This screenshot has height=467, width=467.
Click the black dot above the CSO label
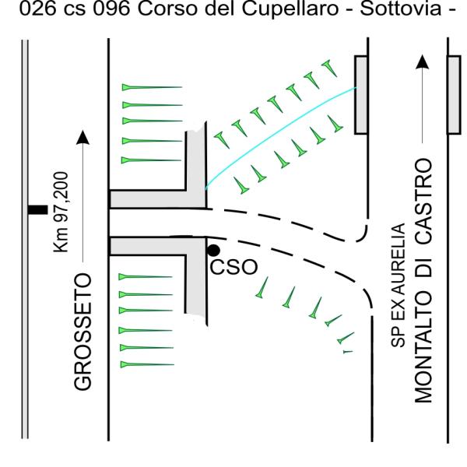(213, 251)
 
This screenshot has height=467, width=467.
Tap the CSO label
(233, 267)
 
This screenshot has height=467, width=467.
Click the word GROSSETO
(83, 332)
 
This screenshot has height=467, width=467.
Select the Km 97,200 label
(61, 212)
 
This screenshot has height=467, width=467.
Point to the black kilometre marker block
(37, 209)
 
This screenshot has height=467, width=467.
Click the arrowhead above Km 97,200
(83, 137)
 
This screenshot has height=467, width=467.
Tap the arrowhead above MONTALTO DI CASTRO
(423, 62)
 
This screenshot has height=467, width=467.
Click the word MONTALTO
(423, 348)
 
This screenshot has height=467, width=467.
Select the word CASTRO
(423, 201)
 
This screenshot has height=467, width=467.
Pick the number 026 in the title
(37, 9)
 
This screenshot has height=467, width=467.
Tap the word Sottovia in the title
(401, 9)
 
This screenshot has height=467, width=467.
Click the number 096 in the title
(111, 9)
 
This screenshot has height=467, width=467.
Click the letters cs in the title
(75, 10)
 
